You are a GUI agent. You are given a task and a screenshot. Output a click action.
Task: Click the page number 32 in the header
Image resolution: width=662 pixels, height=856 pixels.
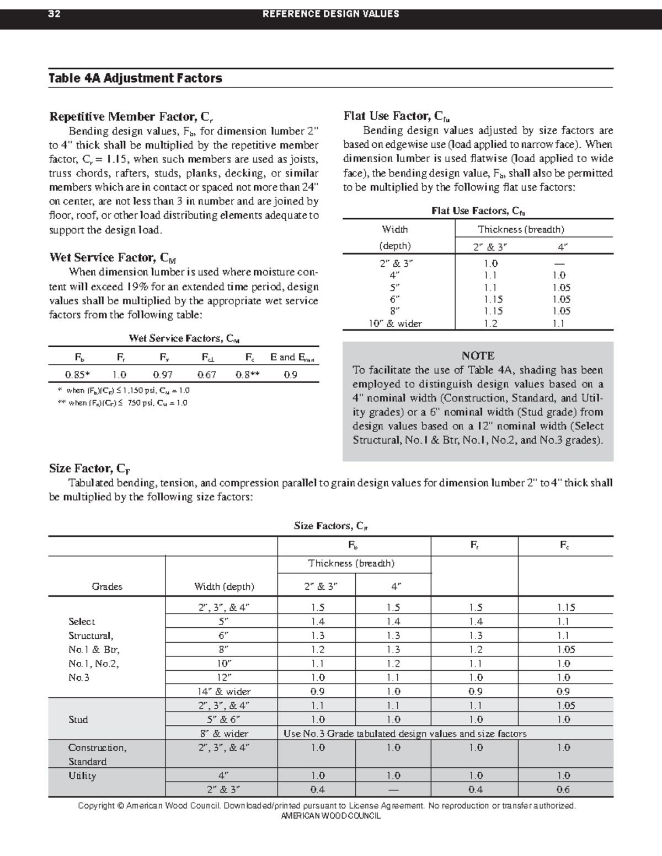coord(54,14)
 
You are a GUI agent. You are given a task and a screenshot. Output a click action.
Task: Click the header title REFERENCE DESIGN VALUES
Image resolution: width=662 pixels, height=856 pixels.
coord(330,14)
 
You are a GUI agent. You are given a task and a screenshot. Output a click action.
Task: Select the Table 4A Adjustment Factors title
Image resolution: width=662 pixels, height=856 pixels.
coord(135,78)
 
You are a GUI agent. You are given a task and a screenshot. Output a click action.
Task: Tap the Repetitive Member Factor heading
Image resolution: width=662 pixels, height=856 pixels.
coord(131,116)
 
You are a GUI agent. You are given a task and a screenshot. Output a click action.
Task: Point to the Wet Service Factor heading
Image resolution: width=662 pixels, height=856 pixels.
coord(113,257)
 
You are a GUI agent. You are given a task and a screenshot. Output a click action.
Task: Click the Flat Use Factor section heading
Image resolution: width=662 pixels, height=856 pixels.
coord(397,116)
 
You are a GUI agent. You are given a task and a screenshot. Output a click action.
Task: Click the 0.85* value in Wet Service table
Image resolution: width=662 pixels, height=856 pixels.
coord(77,375)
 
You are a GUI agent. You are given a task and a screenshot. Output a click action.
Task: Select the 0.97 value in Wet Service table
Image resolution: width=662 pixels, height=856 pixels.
coord(163,375)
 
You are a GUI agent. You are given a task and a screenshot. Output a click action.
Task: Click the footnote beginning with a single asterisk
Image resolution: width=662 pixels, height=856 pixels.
coord(124,390)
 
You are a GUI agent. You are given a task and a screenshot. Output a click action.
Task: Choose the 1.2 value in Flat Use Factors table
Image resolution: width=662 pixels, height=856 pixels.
coord(490,324)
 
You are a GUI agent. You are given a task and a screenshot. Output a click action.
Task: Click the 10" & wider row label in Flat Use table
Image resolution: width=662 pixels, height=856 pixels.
coord(395,324)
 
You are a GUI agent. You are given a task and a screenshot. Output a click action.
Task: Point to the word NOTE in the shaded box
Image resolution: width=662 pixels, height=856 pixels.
coord(478,356)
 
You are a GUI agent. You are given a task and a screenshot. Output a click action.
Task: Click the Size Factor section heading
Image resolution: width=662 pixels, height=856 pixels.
coord(89,469)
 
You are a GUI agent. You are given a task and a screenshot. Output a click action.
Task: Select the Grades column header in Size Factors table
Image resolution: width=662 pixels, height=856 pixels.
coord(107,586)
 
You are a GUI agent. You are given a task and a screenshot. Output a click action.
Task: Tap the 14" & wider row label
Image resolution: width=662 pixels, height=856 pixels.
coord(224,691)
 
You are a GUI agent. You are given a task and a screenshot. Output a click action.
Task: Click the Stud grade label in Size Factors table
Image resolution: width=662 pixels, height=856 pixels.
coord(78,719)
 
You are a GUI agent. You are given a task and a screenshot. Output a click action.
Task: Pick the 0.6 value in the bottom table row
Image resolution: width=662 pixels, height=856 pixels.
coord(563,789)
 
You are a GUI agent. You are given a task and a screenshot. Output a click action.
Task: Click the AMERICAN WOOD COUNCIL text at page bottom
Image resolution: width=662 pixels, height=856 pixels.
coord(330,816)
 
